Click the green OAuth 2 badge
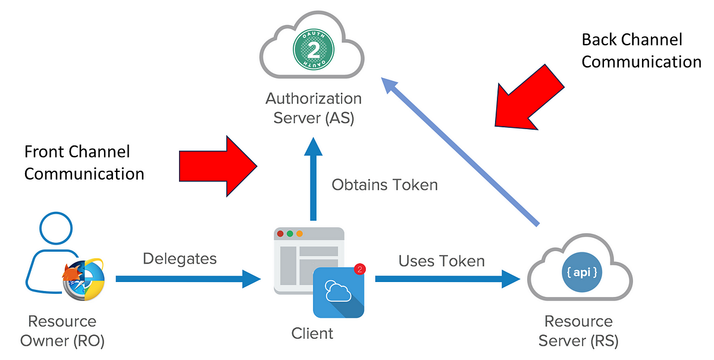[x=314, y=49]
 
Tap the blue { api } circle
[x=582, y=272]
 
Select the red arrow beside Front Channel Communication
[x=218, y=166]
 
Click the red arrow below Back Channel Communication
[x=529, y=97]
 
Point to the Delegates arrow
[x=188, y=279]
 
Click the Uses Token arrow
[x=447, y=279]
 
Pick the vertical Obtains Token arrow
[x=314, y=179]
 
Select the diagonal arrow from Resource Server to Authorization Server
[x=461, y=152]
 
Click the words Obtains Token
[x=385, y=184]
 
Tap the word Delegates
[x=180, y=259]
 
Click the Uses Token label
[x=441, y=261]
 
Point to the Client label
[x=312, y=334]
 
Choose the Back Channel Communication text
[x=641, y=51]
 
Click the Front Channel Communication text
[x=84, y=162]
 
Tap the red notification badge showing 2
[x=360, y=269]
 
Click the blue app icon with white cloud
[x=339, y=292]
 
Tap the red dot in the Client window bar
[x=280, y=234]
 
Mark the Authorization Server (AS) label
[x=314, y=108]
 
